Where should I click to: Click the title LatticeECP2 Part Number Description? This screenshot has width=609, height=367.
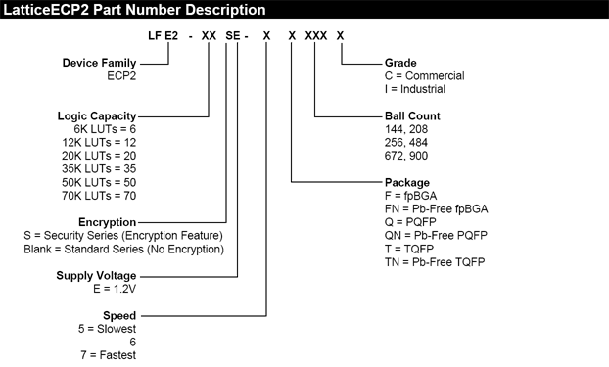[x=134, y=10]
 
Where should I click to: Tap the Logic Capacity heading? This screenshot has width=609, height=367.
[x=95, y=115]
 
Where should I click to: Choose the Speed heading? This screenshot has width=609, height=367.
[x=119, y=316]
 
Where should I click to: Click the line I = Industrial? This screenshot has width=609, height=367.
[x=398, y=89]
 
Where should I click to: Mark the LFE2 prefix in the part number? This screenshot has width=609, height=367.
[x=163, y=35]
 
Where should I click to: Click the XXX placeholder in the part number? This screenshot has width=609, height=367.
[x=315, y=35]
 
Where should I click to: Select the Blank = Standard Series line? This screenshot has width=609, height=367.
[x=123, y=249]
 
